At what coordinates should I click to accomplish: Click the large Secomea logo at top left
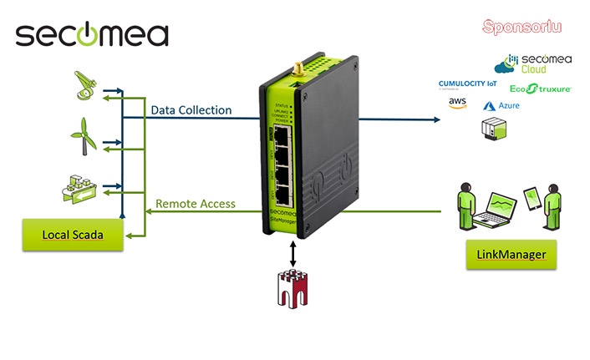pos(92,34)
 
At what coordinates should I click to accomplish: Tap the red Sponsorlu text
pos(522,27)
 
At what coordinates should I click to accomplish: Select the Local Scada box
pos(73,235)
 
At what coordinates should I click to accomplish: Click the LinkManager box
pos(511,252)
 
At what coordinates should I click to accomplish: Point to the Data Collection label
pos(191,110)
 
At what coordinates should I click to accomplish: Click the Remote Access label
pos(196,203)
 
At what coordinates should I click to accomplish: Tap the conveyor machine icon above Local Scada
pos(82,190)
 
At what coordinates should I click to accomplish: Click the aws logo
pos(456,103)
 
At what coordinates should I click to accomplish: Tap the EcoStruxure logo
pos(540,88)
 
